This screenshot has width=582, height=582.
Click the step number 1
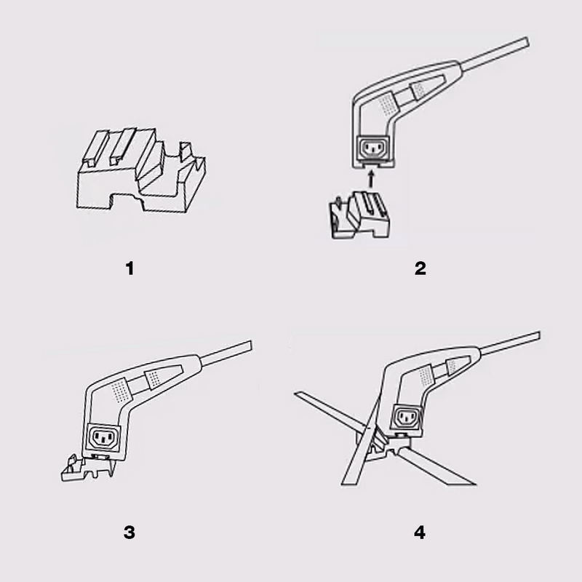click(x=129, y=268)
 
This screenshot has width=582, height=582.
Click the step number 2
click(x=420, y=268)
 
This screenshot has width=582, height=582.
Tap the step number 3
click(x=129, y=532)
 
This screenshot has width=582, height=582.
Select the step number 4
click(x=420, y=532)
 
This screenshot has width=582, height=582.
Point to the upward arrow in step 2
click(x=372, y=177)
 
